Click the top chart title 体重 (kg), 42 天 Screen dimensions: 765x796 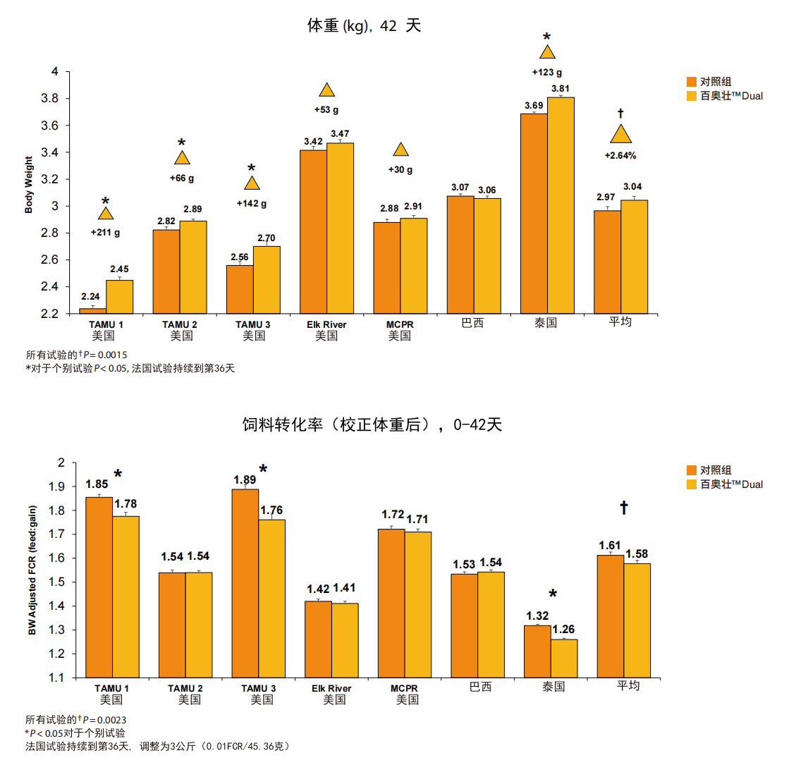coord(364,26)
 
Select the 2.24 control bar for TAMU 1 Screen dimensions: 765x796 coord(92,310)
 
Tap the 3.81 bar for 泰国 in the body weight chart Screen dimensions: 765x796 coord(561,204)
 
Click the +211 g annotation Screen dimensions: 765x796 coord(105,233)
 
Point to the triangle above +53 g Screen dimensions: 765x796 coord(326,90)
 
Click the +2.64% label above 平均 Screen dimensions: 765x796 coord(620,156)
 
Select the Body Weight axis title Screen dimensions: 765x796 coord(29,185)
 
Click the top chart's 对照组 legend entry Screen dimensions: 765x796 coord(715,82)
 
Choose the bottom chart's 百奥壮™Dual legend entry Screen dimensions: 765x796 coord(730,484)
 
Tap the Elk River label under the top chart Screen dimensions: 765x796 coord(326,324)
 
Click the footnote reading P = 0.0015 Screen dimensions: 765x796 coord(77,355)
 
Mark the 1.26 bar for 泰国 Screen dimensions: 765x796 coord(564,658)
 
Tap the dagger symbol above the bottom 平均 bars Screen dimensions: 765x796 coord(623,508)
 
